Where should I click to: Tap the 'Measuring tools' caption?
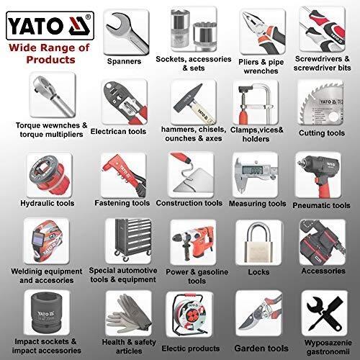coord(257,203)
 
